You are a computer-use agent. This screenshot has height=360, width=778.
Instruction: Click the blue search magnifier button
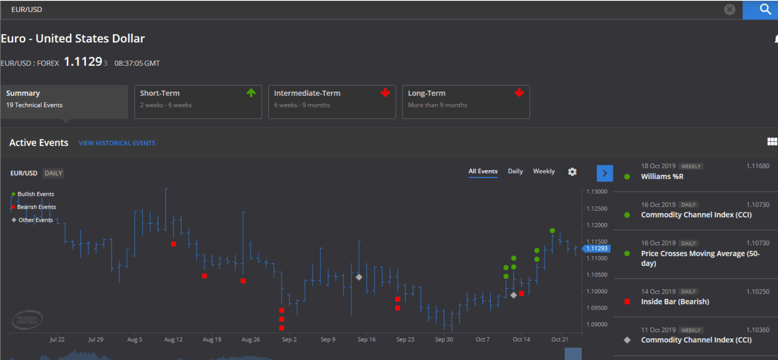(760, 10)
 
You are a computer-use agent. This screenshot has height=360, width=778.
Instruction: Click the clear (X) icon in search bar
(730, 9)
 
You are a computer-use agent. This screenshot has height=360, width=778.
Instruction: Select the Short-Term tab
(198, 102)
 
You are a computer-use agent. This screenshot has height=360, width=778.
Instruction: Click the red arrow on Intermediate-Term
(385, 92)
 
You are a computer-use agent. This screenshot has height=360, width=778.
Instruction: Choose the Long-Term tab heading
(427, 93)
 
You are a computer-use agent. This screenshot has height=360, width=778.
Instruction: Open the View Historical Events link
(117, 143)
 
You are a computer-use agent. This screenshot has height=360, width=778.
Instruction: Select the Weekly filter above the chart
(544, 171)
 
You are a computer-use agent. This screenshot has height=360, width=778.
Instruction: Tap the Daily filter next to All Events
(515, 171)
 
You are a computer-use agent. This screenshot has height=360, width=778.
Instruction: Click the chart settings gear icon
(572, 171)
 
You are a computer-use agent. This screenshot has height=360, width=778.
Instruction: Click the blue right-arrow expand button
(605, 173)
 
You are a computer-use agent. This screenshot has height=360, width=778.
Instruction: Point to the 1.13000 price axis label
(597, 192)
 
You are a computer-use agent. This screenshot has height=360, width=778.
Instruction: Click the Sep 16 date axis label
(367, 339)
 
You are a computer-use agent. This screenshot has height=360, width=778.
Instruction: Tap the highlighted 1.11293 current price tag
(596, 248)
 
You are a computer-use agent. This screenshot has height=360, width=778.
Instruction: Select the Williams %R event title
(662, 177)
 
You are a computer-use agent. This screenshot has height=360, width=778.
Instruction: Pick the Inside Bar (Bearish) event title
(675, 301)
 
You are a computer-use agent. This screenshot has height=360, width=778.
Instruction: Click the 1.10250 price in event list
(758, 291)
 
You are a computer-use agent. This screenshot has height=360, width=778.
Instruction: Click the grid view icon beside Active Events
(772, 142)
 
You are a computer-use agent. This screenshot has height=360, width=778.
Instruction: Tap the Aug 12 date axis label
(173, 339)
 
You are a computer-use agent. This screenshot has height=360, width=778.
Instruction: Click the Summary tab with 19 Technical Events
(64, 102)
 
